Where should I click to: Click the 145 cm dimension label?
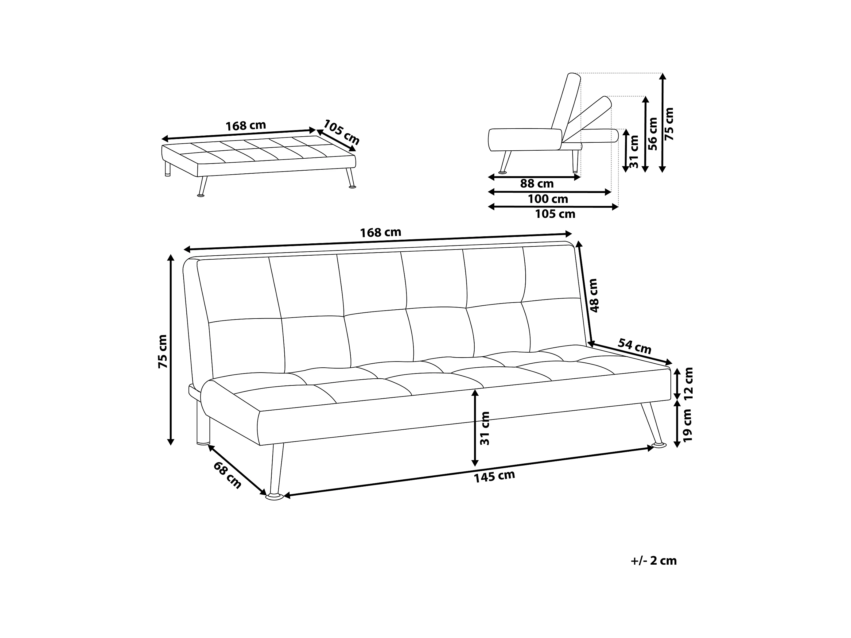(x=494, y=477)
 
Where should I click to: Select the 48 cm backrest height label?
(x=594, y=295)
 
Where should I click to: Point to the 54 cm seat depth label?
(x=634, y=346)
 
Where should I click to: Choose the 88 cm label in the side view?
(x=537, y=184)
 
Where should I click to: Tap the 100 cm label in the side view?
(x=548, y=199)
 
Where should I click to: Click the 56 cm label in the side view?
(x=653, y=133)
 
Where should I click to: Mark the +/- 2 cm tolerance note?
(x=654, y=561)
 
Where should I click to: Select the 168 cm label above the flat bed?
(x=246, y=126)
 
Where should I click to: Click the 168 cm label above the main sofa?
(x=380, y=232)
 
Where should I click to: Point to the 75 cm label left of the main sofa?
(x=163, y=351)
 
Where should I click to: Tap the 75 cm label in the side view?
(x=670, y=124)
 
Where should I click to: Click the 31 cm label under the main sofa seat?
(x=485, y=428)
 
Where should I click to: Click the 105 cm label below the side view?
(x=555, y=214)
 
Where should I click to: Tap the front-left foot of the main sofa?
(x=274, y=497)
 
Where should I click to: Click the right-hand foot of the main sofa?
(x=659, y=445)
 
